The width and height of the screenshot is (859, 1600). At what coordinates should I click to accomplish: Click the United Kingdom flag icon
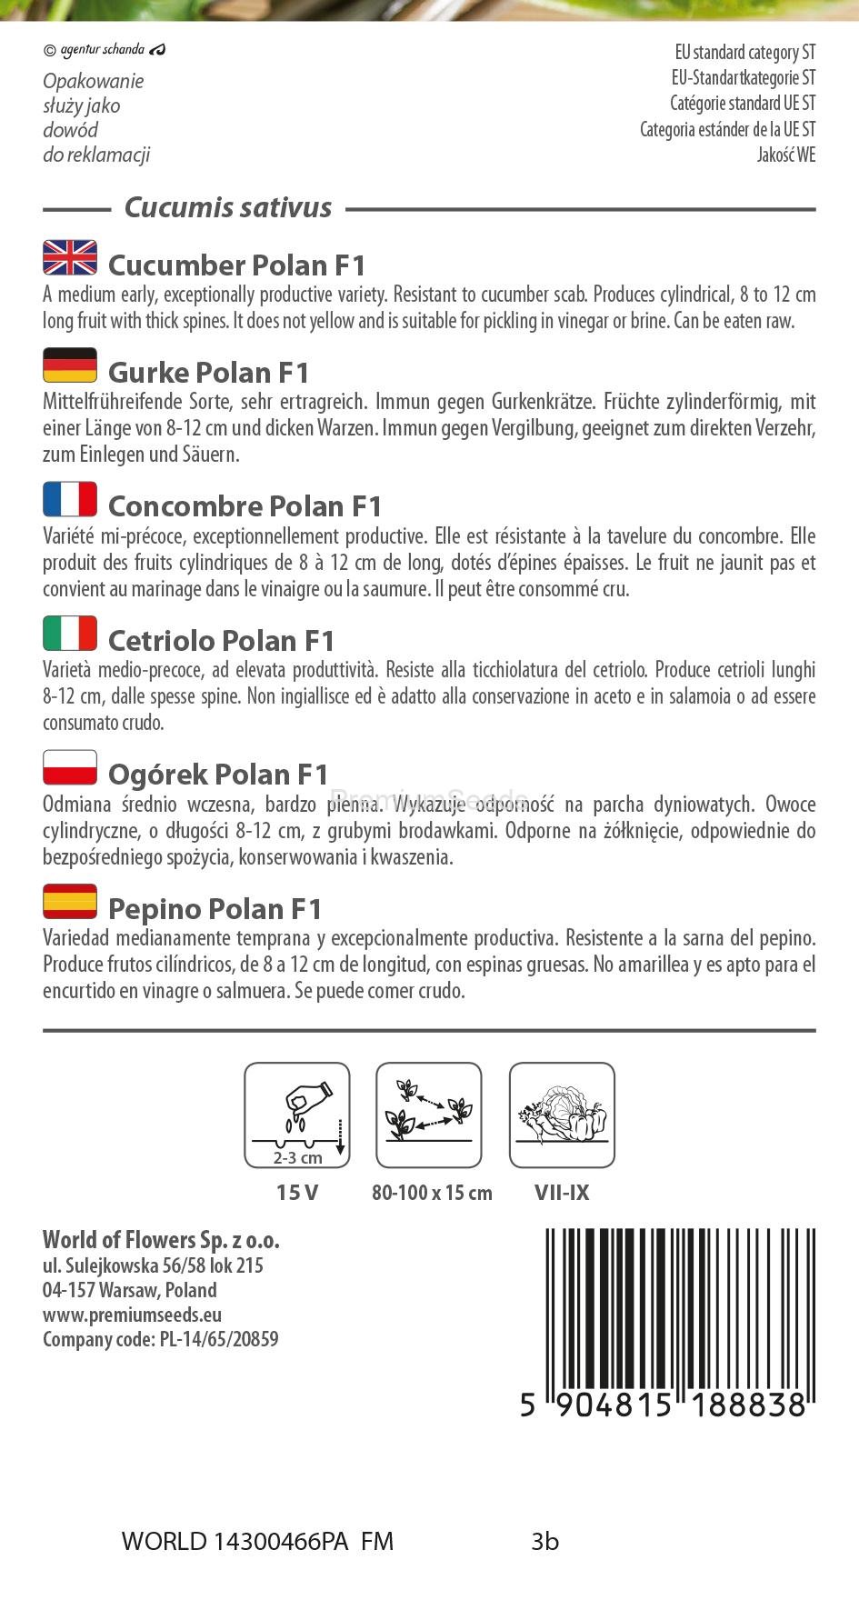click(x=70, y=258)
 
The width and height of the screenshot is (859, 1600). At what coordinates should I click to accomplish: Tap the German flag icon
click(x=70, y=365)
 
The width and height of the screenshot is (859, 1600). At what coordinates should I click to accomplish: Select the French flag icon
click(x=70, y=499)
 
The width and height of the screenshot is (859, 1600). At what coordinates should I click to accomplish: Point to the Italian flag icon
click(x=70, y=634)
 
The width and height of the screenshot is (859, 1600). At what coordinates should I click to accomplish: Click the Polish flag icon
click(x=70, y=767)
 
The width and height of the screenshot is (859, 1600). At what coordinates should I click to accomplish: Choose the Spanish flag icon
click(x=70, y=902)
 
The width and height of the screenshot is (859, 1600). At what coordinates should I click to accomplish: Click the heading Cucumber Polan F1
click(x=236, y=265)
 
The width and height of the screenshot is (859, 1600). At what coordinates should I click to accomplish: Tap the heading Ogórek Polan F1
click(x=218, y=775)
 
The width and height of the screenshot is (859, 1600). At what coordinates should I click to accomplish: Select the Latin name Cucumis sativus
click(x=227, y=208)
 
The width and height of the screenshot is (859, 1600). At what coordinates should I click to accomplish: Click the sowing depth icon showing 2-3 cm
click(x=297, y=1115)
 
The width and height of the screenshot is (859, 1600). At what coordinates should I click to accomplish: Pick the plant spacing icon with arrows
click(x=429, y=1115)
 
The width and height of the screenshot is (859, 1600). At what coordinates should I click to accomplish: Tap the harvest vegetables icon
click(x=562, y=1115)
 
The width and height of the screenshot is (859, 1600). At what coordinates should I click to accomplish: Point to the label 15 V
click(x=297, y=1193)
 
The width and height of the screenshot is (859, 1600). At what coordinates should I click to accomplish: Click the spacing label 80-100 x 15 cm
click(x=432, y=1193)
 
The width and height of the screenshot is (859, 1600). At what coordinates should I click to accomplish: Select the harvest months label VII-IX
click(x=562, y=1193)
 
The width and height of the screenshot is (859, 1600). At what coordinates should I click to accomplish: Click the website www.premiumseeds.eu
click(x=133, y=1315)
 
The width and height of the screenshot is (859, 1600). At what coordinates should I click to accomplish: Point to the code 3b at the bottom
click(x=545, y=1542)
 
